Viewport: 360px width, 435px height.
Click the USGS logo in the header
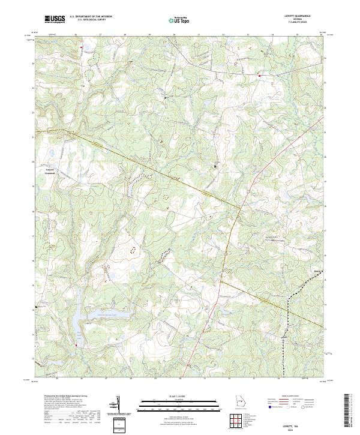(54, 19)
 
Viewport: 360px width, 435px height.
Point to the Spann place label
(317, 270)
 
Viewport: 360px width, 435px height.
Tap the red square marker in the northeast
(259, 76)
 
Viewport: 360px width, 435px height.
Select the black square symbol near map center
(216, 166)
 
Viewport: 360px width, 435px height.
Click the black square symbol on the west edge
(37, 307)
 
